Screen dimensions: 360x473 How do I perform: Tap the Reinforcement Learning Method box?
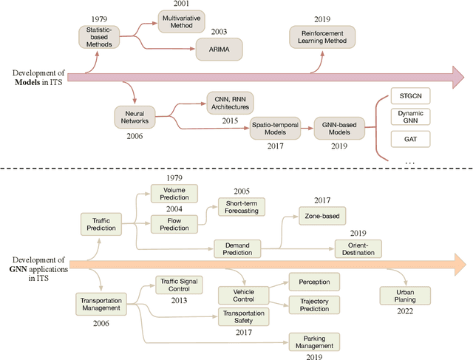pyautogui.click(x=321, y=37)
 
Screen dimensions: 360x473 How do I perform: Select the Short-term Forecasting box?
pyautogui.click(x=242, y=208)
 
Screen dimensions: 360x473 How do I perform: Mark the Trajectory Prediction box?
pyautogui.click(x=314, y=304)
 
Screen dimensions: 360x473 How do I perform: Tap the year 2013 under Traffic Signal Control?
pyautogui.click(x=178, y=300)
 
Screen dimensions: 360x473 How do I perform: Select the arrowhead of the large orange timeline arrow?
pyautogui.click(x=459, y=263)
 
